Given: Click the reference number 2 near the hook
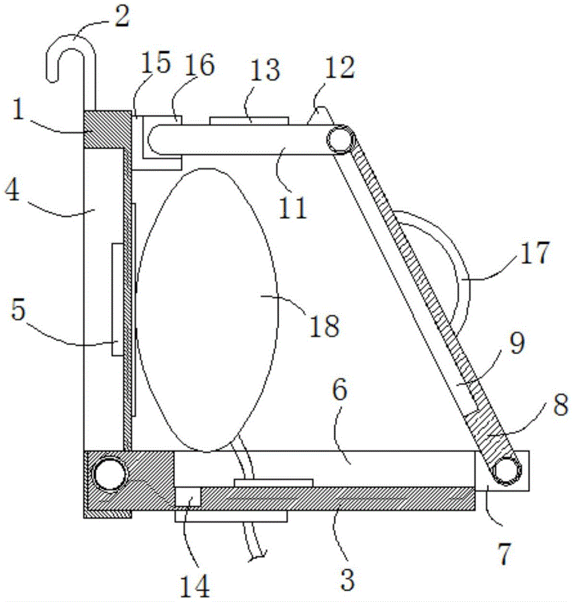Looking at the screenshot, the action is tap(122, 16).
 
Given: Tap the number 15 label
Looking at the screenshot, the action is tap(155, 63).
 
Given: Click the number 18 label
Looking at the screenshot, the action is tap(324, 326).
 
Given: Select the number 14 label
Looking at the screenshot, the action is tap(195, 586).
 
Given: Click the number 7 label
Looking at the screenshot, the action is tap(504, 554).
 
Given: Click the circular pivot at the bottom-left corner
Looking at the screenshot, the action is tap(110, 473).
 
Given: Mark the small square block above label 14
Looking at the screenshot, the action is tap(188, 497).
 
